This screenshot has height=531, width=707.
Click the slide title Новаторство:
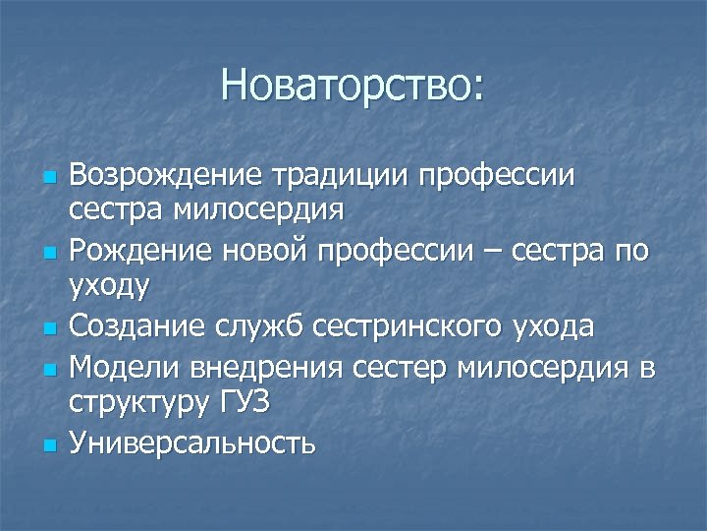tap(353, 86)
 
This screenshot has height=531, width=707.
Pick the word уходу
tap(109, 288)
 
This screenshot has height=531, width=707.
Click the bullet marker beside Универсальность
tap(49, 445)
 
